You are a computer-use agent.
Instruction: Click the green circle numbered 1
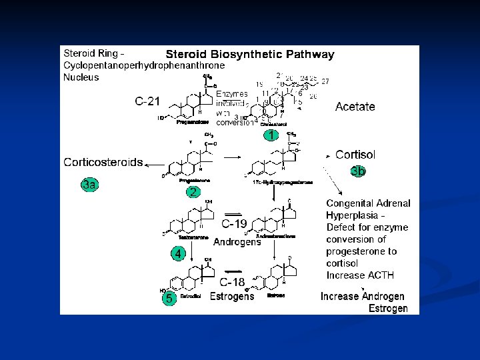tap(270, 135)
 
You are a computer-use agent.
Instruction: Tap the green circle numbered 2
tap(193, 192)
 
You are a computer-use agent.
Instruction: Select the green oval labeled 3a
tap(89, 184)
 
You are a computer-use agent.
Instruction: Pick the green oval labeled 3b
tap(358, 171)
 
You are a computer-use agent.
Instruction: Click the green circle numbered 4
tap(177, 253)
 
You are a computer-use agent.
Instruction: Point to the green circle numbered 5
tap(169, 299)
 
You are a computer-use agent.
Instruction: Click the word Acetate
tap(355, 107)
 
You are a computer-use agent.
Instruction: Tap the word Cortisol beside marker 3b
tap(355, 155)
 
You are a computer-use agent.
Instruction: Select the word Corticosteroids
tap(103, 162)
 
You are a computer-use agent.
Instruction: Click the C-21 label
tap(147, 101)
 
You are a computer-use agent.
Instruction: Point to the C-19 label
tap(235, 224)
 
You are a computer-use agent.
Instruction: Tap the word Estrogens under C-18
tap(232, 296)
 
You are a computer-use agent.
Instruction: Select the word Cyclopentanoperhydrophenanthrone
tap(143, 65)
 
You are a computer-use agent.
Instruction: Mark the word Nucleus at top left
tap(81, 77)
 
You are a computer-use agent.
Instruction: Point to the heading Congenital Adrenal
tap(368, 203)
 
